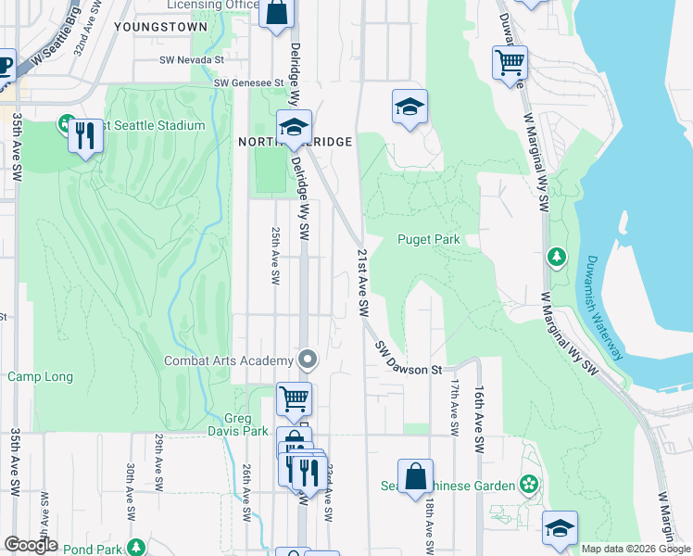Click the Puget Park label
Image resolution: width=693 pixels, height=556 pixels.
tap(429, 239)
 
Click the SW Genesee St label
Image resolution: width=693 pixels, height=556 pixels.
tap(248, 82)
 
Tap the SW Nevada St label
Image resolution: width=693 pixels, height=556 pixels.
tap(191, 59)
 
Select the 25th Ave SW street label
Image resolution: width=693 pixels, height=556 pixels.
tap(275, 256)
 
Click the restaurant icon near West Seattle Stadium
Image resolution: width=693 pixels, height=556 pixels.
tap(85, 136)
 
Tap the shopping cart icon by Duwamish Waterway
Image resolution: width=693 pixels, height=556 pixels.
tap(510, 63)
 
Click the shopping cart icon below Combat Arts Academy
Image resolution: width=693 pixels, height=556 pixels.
tap(294, 399)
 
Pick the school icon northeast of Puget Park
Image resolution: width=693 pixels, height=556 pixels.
tap(409, 107)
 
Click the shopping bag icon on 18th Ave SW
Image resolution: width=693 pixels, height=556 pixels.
tap(416, 475)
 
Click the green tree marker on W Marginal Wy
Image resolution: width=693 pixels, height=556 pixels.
tap(556, 256)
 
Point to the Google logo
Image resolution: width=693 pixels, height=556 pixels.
tap(31, 544)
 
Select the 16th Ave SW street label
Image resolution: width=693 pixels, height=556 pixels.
tap(479, 408)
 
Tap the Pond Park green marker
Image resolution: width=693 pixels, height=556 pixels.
tap(135, 547)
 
